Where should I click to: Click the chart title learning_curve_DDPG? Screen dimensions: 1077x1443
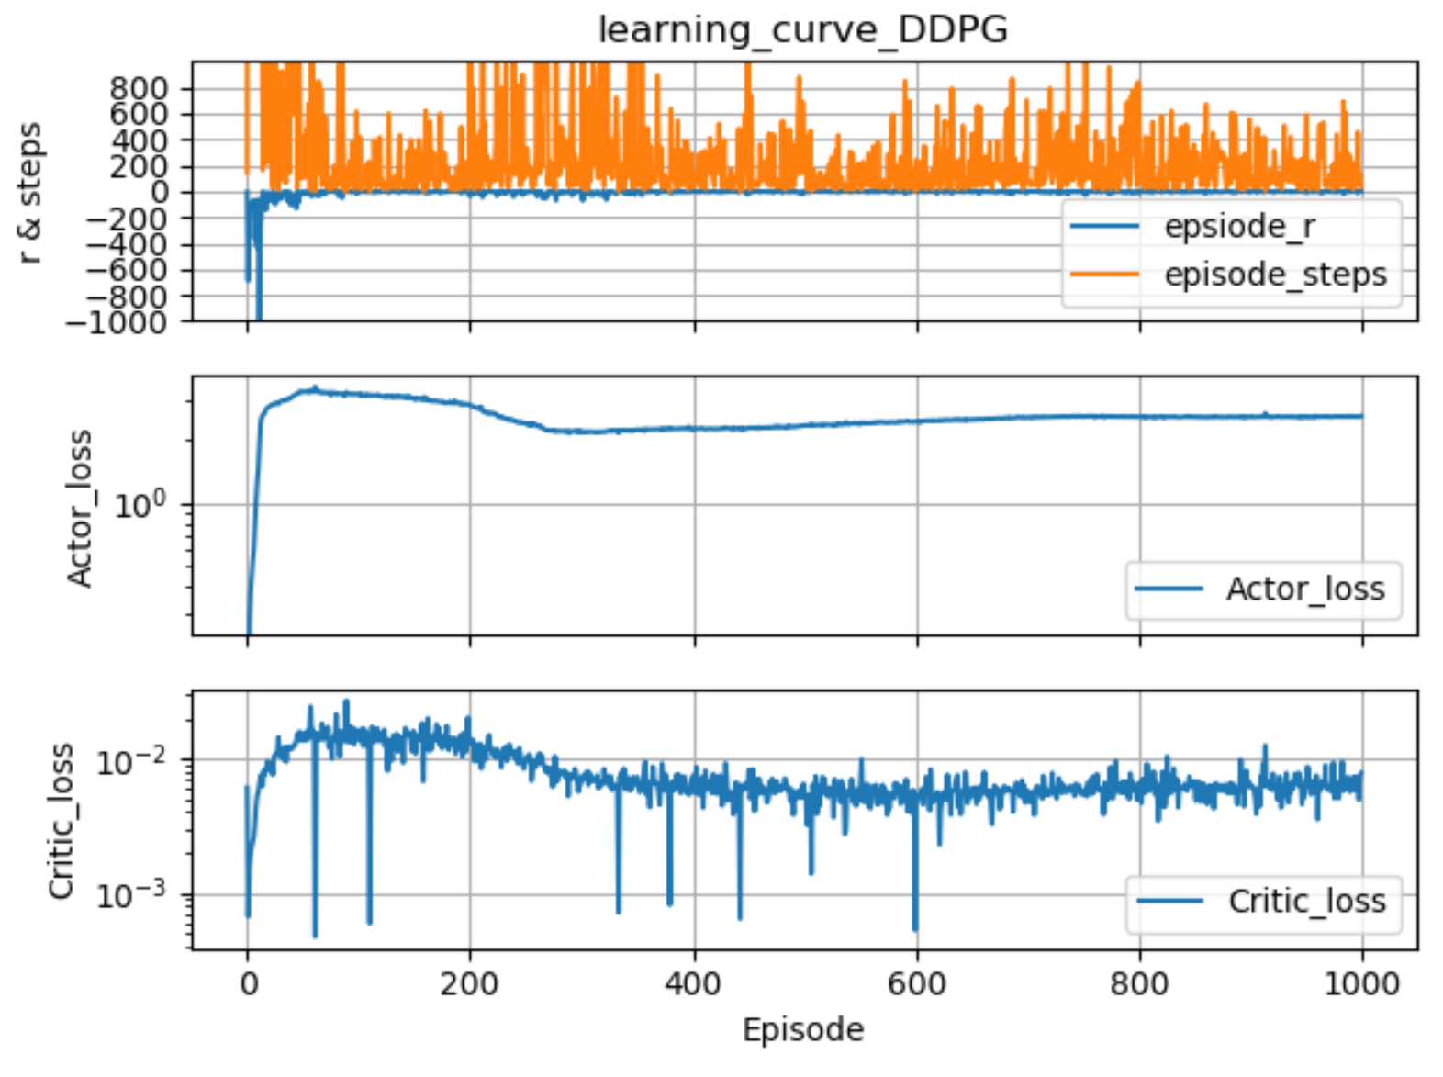click(802, 30)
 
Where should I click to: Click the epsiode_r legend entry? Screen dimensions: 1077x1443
click(1238, 226)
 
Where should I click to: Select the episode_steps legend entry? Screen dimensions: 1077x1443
click(1274, 275)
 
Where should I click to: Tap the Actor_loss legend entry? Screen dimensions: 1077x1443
click(1304, 589)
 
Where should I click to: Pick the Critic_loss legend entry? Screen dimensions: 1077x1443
click(1306, 902)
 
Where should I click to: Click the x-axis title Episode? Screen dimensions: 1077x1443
click(802, 1029)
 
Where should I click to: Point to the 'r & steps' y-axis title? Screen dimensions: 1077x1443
click(30, 193)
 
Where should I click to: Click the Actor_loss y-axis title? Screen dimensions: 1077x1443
click(80, 507)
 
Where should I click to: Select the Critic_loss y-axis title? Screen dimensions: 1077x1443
click(61, 820)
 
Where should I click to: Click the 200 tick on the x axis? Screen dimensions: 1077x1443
click(469, 984)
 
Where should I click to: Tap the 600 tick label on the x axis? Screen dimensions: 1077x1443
click(916, 984)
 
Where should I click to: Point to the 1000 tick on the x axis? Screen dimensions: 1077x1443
click(1361, 984)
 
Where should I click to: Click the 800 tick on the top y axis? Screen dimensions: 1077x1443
click(139, 88)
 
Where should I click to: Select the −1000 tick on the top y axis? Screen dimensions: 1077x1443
click(128, 322)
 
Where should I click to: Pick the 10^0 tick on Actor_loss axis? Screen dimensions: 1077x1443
click(140, 504)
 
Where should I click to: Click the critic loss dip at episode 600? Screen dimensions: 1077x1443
click(915, 927)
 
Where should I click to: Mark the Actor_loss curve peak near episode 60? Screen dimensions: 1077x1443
click(315, 388)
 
